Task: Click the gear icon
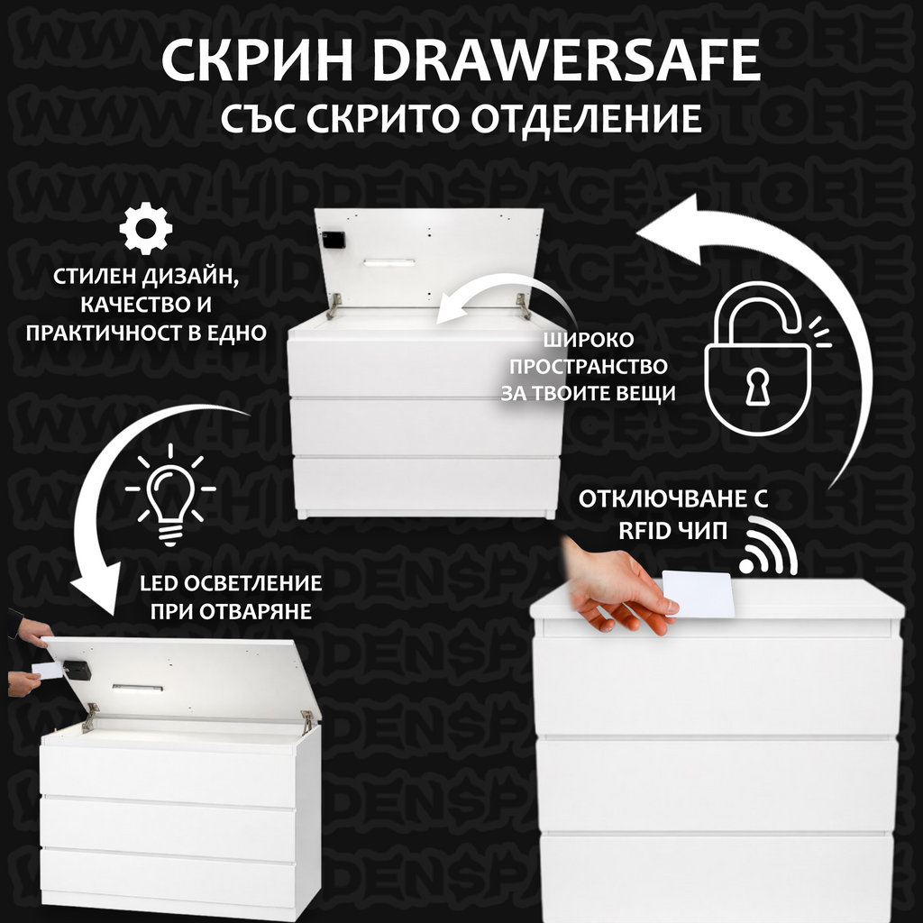coord(145,228)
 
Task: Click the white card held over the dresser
coord(699,593)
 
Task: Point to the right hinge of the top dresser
coord(523,305)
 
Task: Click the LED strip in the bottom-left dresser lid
coord(138,688)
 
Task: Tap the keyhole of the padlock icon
coord(754,386)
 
